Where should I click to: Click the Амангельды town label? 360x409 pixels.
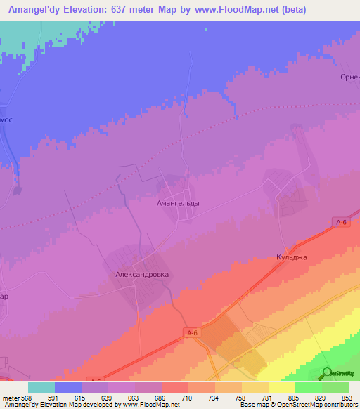[176, 203]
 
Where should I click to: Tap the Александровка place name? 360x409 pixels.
[143, 275]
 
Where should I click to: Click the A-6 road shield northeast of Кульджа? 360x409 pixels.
[342, 222]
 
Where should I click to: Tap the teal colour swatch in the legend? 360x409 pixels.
[41, 387]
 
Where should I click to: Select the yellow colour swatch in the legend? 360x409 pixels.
[282, 387]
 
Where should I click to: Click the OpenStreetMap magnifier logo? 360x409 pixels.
[327, 373]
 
